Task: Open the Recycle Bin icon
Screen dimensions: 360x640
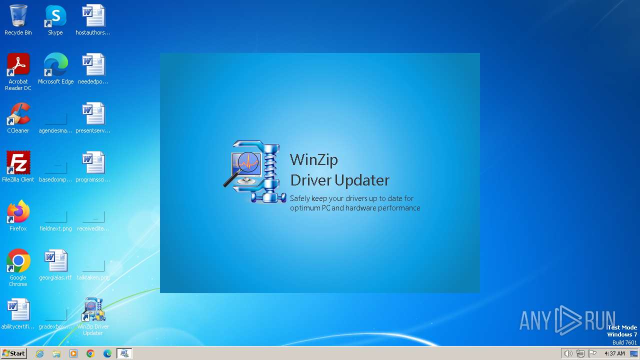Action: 18,16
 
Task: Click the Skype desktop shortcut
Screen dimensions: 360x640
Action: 55,16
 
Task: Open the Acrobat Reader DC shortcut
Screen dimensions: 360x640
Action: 18,65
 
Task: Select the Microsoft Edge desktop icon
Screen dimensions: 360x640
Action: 55,65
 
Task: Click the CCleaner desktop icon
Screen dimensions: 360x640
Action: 18,114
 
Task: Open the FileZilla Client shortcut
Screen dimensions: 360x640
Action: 18,163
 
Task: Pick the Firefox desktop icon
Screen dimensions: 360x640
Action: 18,212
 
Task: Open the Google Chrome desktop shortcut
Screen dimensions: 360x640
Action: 18,261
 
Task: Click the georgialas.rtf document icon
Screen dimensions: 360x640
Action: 55,261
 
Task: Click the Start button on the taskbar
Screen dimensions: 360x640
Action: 13,353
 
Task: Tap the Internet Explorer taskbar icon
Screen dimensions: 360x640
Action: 39,353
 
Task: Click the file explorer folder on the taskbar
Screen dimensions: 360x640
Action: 56,353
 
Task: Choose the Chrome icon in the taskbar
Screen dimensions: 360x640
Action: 90,353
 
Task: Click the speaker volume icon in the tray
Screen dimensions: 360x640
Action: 568,353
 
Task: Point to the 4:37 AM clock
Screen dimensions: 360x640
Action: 614,353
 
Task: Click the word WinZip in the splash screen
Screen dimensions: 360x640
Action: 314,159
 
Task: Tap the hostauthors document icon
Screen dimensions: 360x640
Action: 93,16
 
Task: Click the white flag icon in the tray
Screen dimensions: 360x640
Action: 592,353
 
